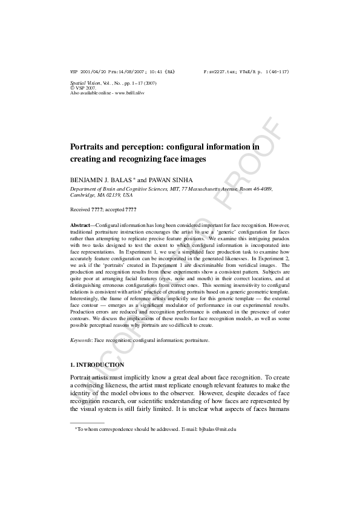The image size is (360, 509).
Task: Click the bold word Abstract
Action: [80, 225]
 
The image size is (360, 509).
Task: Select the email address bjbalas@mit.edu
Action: [217, 429]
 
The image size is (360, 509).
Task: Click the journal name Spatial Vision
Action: [85, 82]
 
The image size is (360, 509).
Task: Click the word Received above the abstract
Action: [80, 209]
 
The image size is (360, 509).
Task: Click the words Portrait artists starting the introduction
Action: [93, 377]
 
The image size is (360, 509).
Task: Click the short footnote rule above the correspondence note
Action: [87, 422]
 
